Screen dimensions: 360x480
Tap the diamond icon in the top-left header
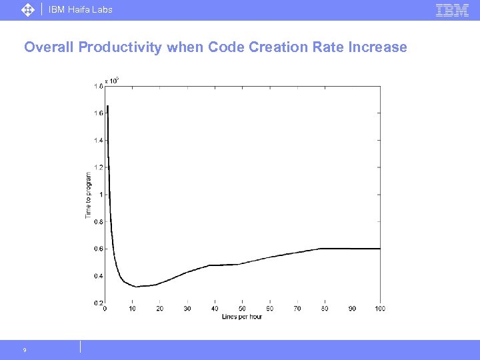27,10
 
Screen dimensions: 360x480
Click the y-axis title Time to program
89,195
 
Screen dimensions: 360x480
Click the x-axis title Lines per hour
242,316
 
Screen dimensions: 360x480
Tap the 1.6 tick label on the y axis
98,113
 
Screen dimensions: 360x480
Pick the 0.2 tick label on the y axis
98,303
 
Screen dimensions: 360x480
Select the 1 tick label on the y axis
101,195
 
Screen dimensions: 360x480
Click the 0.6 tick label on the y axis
98,249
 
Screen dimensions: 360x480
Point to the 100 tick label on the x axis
380,309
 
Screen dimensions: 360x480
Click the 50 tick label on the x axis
242,309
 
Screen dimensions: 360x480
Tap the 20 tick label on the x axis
159,309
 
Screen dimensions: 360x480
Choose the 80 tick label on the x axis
325,309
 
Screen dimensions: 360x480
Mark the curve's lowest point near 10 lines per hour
136,287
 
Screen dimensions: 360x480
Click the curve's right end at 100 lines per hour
380,249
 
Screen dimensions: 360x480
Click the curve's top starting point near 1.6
107,106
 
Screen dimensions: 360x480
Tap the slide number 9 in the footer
25,350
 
